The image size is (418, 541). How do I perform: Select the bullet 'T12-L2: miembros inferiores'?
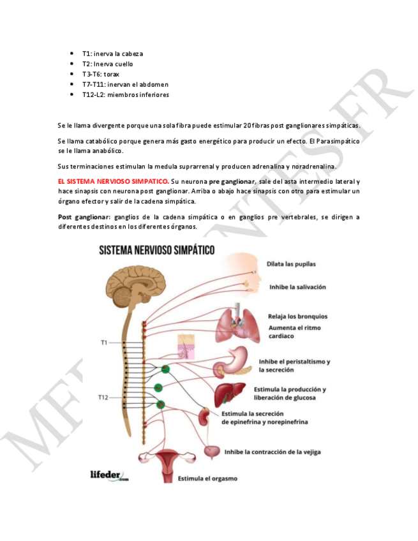[x=125, y=94]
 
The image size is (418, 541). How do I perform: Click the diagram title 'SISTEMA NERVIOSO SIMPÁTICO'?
[x=156, y=249]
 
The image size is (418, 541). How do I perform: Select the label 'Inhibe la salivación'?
[x=297, y=287]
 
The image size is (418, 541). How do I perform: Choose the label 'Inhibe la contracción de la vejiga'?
[x=272, y=452]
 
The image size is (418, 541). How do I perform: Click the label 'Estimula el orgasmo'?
[x=207, y=478]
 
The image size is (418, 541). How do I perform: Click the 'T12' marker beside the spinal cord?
[x=103, y=397]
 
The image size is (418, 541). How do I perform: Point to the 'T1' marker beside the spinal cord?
[x=103, y=343]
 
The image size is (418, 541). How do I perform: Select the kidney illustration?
[x=205, y=417]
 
